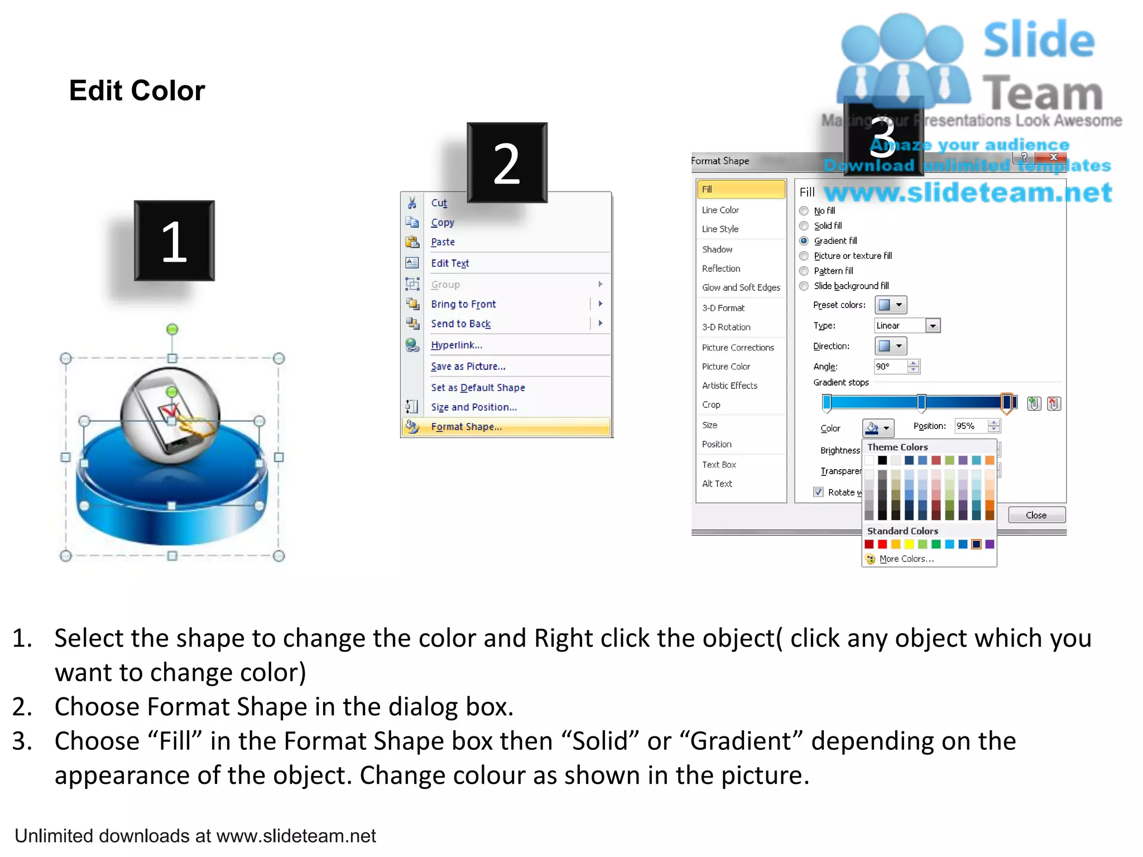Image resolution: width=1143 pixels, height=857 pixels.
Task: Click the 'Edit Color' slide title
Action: [137, 90]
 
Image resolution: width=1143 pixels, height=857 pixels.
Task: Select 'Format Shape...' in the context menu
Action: [466, 427]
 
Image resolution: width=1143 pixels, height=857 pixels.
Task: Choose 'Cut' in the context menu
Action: [439, 203]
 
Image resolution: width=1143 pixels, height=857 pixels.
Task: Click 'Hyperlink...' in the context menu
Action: [456, 345]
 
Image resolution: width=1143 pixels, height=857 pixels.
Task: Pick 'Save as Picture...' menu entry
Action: [468, 367]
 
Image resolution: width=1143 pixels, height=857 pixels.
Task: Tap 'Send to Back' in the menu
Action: [460, 324]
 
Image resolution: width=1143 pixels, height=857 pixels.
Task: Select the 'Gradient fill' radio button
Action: [804, 241]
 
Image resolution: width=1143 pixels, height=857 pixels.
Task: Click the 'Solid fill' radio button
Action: [804, 226]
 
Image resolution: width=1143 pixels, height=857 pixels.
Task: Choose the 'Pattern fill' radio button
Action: [804, 271]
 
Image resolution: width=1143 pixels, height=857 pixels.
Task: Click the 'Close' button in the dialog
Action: [1036, 515]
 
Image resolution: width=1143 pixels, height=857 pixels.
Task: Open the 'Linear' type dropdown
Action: [933, 326]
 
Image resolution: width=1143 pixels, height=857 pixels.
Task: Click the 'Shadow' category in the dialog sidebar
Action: [717, 249]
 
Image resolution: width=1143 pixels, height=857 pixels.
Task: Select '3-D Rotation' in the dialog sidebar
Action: [726, 327]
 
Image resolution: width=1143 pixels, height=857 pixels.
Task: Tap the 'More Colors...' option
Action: [906, 559]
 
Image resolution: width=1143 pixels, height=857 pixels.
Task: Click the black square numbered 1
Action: [174, 241]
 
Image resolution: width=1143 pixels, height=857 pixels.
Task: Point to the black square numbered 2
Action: [507, 163]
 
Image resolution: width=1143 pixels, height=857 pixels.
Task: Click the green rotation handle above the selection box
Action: [172, 329]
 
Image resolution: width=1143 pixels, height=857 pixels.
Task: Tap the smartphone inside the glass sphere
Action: [167, 416]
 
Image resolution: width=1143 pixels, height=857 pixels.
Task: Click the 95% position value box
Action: [971, 426]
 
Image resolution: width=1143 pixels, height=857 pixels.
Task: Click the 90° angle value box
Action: [890, 367]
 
